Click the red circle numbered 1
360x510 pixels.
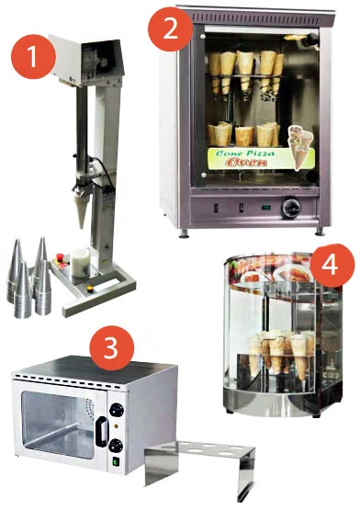click(33, 57)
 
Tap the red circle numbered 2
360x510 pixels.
click(171, 28)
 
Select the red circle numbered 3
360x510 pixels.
click(111, 347)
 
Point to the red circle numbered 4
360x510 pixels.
click(332, 266)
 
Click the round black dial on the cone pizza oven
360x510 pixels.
click(291, 207)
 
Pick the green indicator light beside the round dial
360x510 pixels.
click(267, 207)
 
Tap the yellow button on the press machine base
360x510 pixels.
click(89, 288)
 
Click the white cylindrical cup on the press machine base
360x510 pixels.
click(80, 262)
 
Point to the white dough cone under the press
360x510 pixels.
click(82, 209)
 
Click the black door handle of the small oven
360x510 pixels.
click(102, 432)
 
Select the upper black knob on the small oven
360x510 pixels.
click(117, 410)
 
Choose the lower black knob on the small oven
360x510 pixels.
click(116, 446)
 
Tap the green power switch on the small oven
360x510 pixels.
click(116, 462)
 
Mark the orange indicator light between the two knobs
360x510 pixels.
click(115, 426)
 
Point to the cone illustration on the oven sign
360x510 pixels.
click(299, 147)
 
